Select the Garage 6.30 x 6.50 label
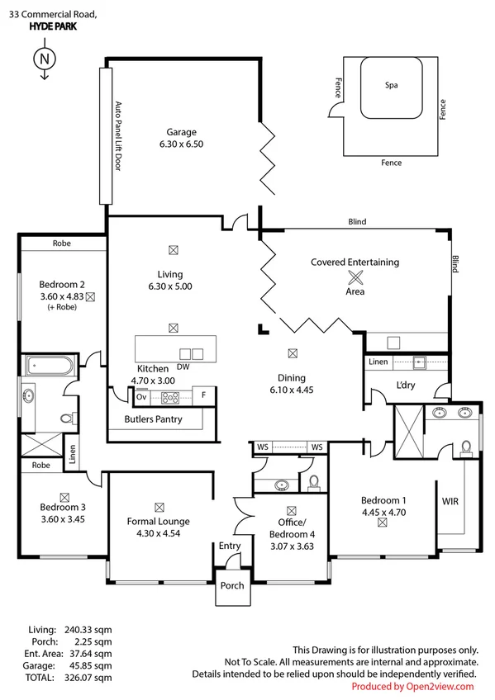coord(181,138)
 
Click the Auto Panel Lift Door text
coord(117,136)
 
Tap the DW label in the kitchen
coord(183,367)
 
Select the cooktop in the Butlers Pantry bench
coord(170,397)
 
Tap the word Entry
coord(229,546)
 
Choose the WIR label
coord(450,501)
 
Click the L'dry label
coord(405,386)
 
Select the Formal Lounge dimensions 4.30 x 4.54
coord(158,533)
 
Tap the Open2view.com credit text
coord(412,686)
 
